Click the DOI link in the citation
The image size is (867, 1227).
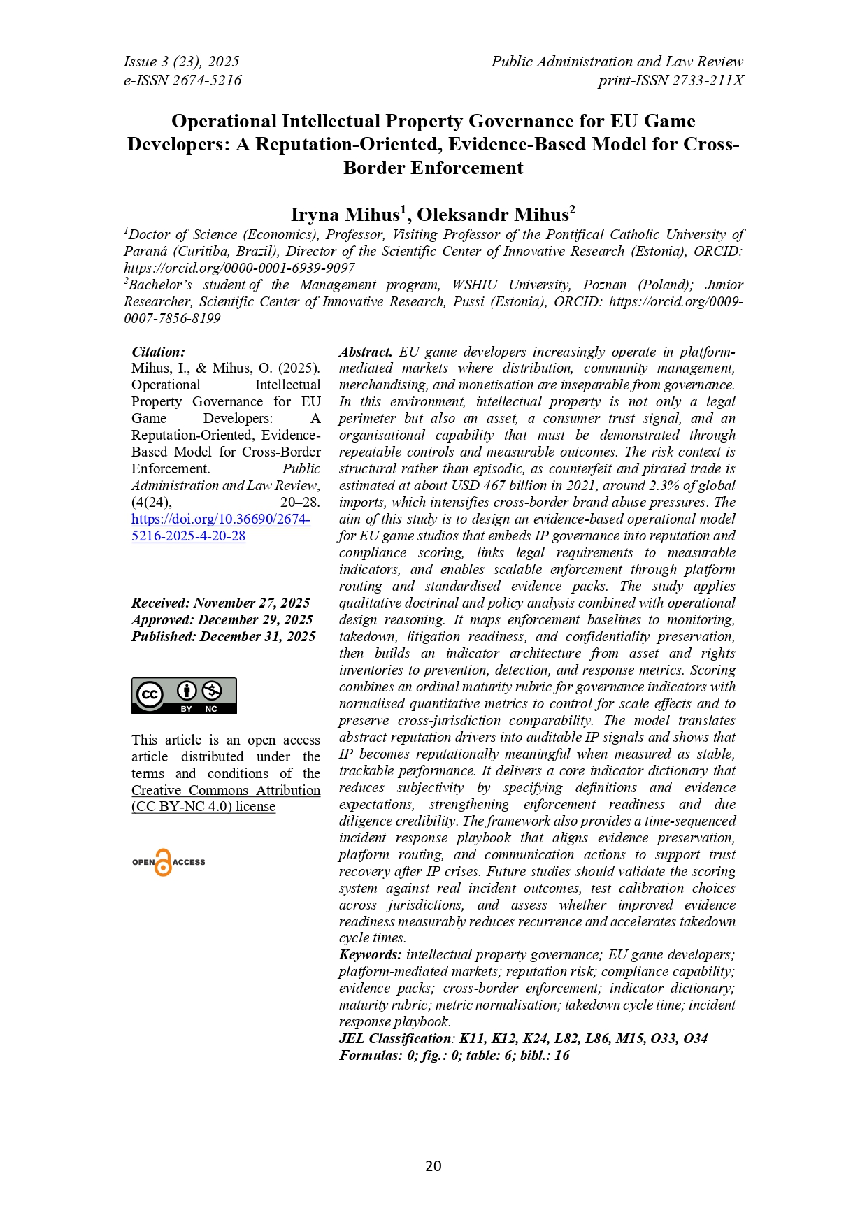click(221, 527)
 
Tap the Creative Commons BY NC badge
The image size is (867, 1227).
click(184, 695)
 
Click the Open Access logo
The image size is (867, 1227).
click(168, 862)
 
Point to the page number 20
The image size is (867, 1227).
click(433, 1165)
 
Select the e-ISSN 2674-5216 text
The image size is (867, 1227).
click(182, 80)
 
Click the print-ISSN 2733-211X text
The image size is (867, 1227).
click(671, 80)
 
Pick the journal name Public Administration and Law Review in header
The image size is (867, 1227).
click(617, 62)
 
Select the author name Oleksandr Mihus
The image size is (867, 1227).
click(496, 214)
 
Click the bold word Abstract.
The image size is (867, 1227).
click(366, 352)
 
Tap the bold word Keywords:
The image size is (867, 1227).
click(371, 954)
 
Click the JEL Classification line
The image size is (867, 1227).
click(523, 1038)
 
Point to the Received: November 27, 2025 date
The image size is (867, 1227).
click(221, 603)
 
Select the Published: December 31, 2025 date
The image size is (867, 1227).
click(224, 636)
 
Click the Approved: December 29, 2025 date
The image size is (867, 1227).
click(222, 619)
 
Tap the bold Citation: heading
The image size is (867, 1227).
click(159, 352)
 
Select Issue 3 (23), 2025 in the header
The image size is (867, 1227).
click(182, 62)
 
